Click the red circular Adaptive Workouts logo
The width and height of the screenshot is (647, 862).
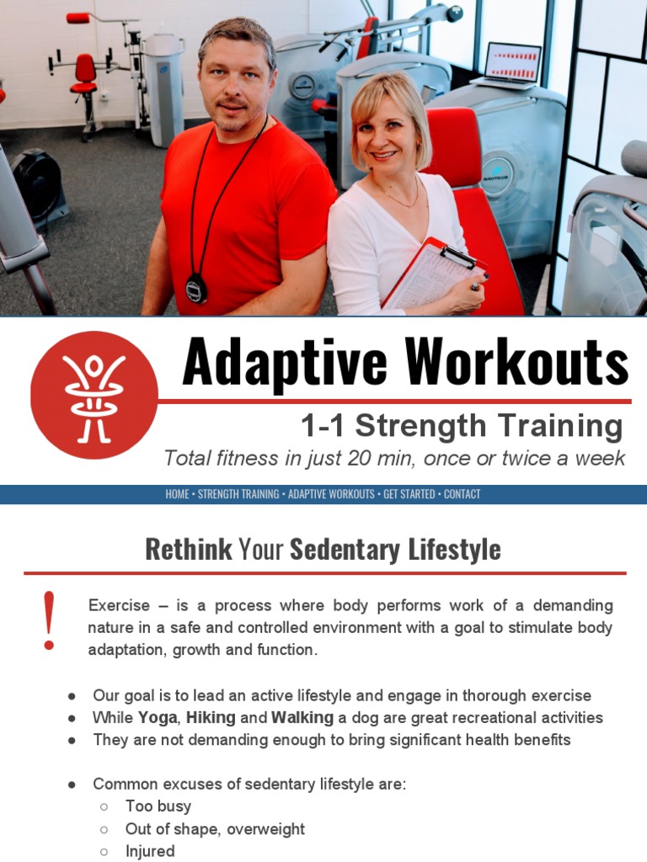(x=94, y=394)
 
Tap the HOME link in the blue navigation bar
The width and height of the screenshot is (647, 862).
(x=177, y=494)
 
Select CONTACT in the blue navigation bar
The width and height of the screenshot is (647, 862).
(x=462, y=494)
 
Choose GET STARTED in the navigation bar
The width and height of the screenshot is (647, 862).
(x=409, y=494)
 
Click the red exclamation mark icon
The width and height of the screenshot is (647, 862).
(x=49, y=620)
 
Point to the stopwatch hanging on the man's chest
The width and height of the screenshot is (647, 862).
(x=195, y=288)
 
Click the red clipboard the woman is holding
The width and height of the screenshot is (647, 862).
(x=431, y=274)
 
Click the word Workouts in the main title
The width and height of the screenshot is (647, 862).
(x=516, y=363)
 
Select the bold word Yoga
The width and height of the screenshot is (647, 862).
(x=158, y=718)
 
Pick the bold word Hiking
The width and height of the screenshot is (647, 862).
(x=211, y=718)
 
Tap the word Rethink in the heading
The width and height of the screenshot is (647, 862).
(x=188, y=550)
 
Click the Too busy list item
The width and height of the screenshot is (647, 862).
(x=158, y=806)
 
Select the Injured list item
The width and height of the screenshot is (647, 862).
(x=150, y=851)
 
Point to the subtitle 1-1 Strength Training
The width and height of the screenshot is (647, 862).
(x=462, y=426)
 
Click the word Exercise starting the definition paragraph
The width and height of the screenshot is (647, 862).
(x=119, y=605)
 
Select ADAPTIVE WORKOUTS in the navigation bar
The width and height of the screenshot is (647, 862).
(x=331, y=494)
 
